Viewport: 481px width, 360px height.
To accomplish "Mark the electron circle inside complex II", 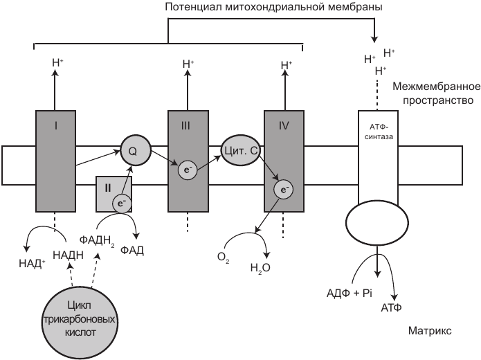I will pyautogui.click(x=121, y=201).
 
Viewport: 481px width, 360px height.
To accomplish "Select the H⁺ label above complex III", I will pyautogui.click(x=188, y=64).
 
